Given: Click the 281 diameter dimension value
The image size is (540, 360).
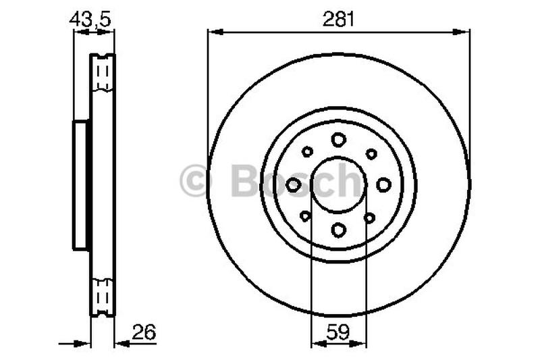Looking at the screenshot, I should tap(338, 20).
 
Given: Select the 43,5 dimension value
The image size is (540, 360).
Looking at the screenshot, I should tap(90, 20).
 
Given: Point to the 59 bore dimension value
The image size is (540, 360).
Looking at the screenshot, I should tap(338, 332).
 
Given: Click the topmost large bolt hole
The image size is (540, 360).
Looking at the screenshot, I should tap(338, 140).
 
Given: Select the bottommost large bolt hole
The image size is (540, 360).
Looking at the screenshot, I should tap(338, 230).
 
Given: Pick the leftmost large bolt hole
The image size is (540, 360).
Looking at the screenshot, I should tap(294, 184).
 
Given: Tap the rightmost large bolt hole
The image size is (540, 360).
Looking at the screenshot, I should tap(383, 184).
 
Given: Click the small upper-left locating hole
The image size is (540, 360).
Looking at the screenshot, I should tap(307, 152).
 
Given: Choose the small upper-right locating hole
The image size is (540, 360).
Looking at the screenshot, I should tap(371, 154).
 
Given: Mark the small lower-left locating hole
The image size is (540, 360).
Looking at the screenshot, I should tap(306, 216).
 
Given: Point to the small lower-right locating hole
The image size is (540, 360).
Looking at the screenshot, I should tap(369, 217).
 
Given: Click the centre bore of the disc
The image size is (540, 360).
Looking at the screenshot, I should tap(338, 184).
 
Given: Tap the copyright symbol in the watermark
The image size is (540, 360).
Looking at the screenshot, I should tap(196, 182).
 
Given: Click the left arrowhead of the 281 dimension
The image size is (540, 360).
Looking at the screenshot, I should tap(212, 31).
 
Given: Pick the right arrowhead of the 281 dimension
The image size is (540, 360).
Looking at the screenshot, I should tap(465, 31).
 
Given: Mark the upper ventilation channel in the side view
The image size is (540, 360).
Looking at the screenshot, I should tap(103, 72).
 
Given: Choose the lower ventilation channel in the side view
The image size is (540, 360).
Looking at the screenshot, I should tap(103, 295).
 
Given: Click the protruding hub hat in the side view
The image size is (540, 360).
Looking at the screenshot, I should tap(81, 185).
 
